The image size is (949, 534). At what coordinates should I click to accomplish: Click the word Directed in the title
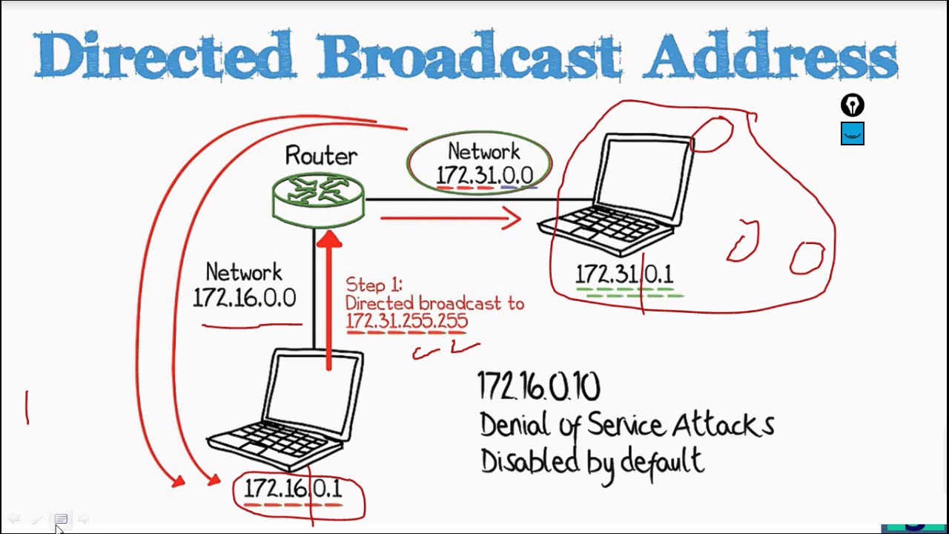click(x=165, y=54)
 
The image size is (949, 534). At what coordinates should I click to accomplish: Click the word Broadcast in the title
click(x=469, y=54)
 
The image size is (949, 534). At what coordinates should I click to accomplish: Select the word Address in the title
click(x=771, y=54)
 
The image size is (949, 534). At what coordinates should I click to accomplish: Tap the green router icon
click(x=318, y=200)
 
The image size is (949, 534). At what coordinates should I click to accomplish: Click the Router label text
click(x=321, y=156)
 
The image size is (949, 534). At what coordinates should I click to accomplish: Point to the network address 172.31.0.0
click(x=485, y=175)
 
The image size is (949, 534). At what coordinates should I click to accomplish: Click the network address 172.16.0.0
click(x=245, y=297)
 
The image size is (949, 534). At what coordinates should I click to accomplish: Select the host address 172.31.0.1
click(x=624, y=274)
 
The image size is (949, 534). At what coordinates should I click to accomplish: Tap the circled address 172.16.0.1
click(x=293, y=489)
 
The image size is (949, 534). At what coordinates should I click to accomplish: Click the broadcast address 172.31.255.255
click(x=407, y=321)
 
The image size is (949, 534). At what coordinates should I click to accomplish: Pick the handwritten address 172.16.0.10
click(x=539, y=386)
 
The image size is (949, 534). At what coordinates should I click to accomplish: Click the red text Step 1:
click(x=374, y=285)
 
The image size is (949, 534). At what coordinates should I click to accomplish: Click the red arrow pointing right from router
click(x=451, y=218)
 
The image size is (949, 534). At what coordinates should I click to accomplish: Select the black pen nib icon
click(x=853, y=105)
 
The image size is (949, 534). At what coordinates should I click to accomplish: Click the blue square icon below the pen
click(x=853, y=133)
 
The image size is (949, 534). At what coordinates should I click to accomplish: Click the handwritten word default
click(x=663, y=461)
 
